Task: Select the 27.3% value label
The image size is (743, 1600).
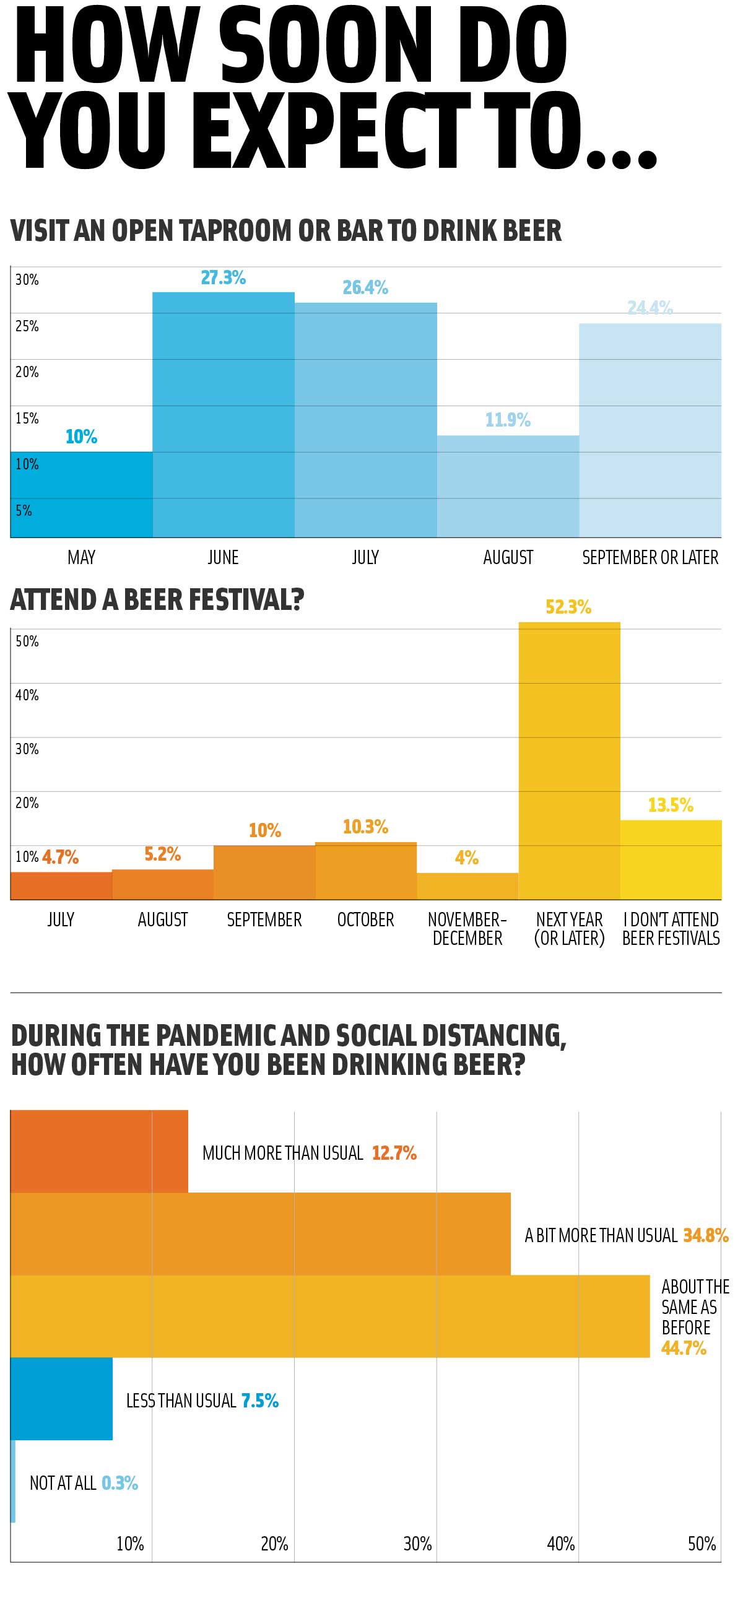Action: tap(223, 277)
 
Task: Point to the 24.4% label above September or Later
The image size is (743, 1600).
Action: tap(650, 308)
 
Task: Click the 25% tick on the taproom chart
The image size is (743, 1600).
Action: tap(27, 326)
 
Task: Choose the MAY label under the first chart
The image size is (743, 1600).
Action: tap(81, 557)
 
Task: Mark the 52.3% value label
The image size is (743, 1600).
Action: tap(568, 607)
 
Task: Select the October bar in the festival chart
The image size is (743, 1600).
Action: tap(366, 871)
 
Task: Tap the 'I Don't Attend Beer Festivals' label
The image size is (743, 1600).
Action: tap(671, 929)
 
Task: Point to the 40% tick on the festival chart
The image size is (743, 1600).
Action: tap(27, 695)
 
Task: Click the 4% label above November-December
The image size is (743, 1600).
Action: tap(467, 858)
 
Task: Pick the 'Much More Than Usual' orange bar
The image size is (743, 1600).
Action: tap(100, 1152)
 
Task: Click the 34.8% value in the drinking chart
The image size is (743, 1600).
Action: tap(706, 1235)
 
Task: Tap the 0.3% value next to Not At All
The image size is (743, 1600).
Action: tap(120, 1483)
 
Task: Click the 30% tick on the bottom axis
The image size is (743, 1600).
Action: tap(417, 1544)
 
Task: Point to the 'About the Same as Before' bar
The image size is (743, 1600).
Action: tap(329, 1316)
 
